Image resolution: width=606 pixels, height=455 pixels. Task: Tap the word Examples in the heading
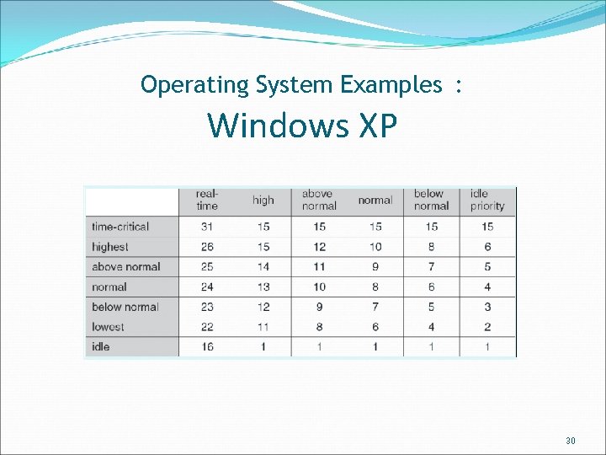point(391,84)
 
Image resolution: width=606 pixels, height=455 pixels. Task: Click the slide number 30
point(571,441)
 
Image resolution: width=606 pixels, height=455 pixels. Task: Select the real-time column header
point(206,200)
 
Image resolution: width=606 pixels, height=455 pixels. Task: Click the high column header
point(263,200)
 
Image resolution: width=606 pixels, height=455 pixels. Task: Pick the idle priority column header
point(487,200)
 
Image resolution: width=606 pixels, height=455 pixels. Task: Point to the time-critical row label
point(120,227)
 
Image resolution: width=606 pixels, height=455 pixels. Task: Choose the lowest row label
point(108,327)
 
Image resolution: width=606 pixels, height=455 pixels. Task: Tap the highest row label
point(110,247)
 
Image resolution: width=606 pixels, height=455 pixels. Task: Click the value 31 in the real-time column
point(206,227)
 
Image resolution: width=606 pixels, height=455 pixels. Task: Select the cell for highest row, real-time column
point(206,247)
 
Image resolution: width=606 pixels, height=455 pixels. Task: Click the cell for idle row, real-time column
point(206,346)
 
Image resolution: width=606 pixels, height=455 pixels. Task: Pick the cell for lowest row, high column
point(263,327)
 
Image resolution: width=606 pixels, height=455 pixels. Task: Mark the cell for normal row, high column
point(263,286)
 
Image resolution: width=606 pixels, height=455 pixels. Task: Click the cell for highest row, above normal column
point(319,247)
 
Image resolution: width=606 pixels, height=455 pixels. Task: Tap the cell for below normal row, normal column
point(375,307)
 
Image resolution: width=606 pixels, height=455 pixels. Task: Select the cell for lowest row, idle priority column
point(487,327)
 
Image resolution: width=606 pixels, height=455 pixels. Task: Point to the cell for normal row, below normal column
point(431,286)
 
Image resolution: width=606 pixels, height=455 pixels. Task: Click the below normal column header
point(431,200)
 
